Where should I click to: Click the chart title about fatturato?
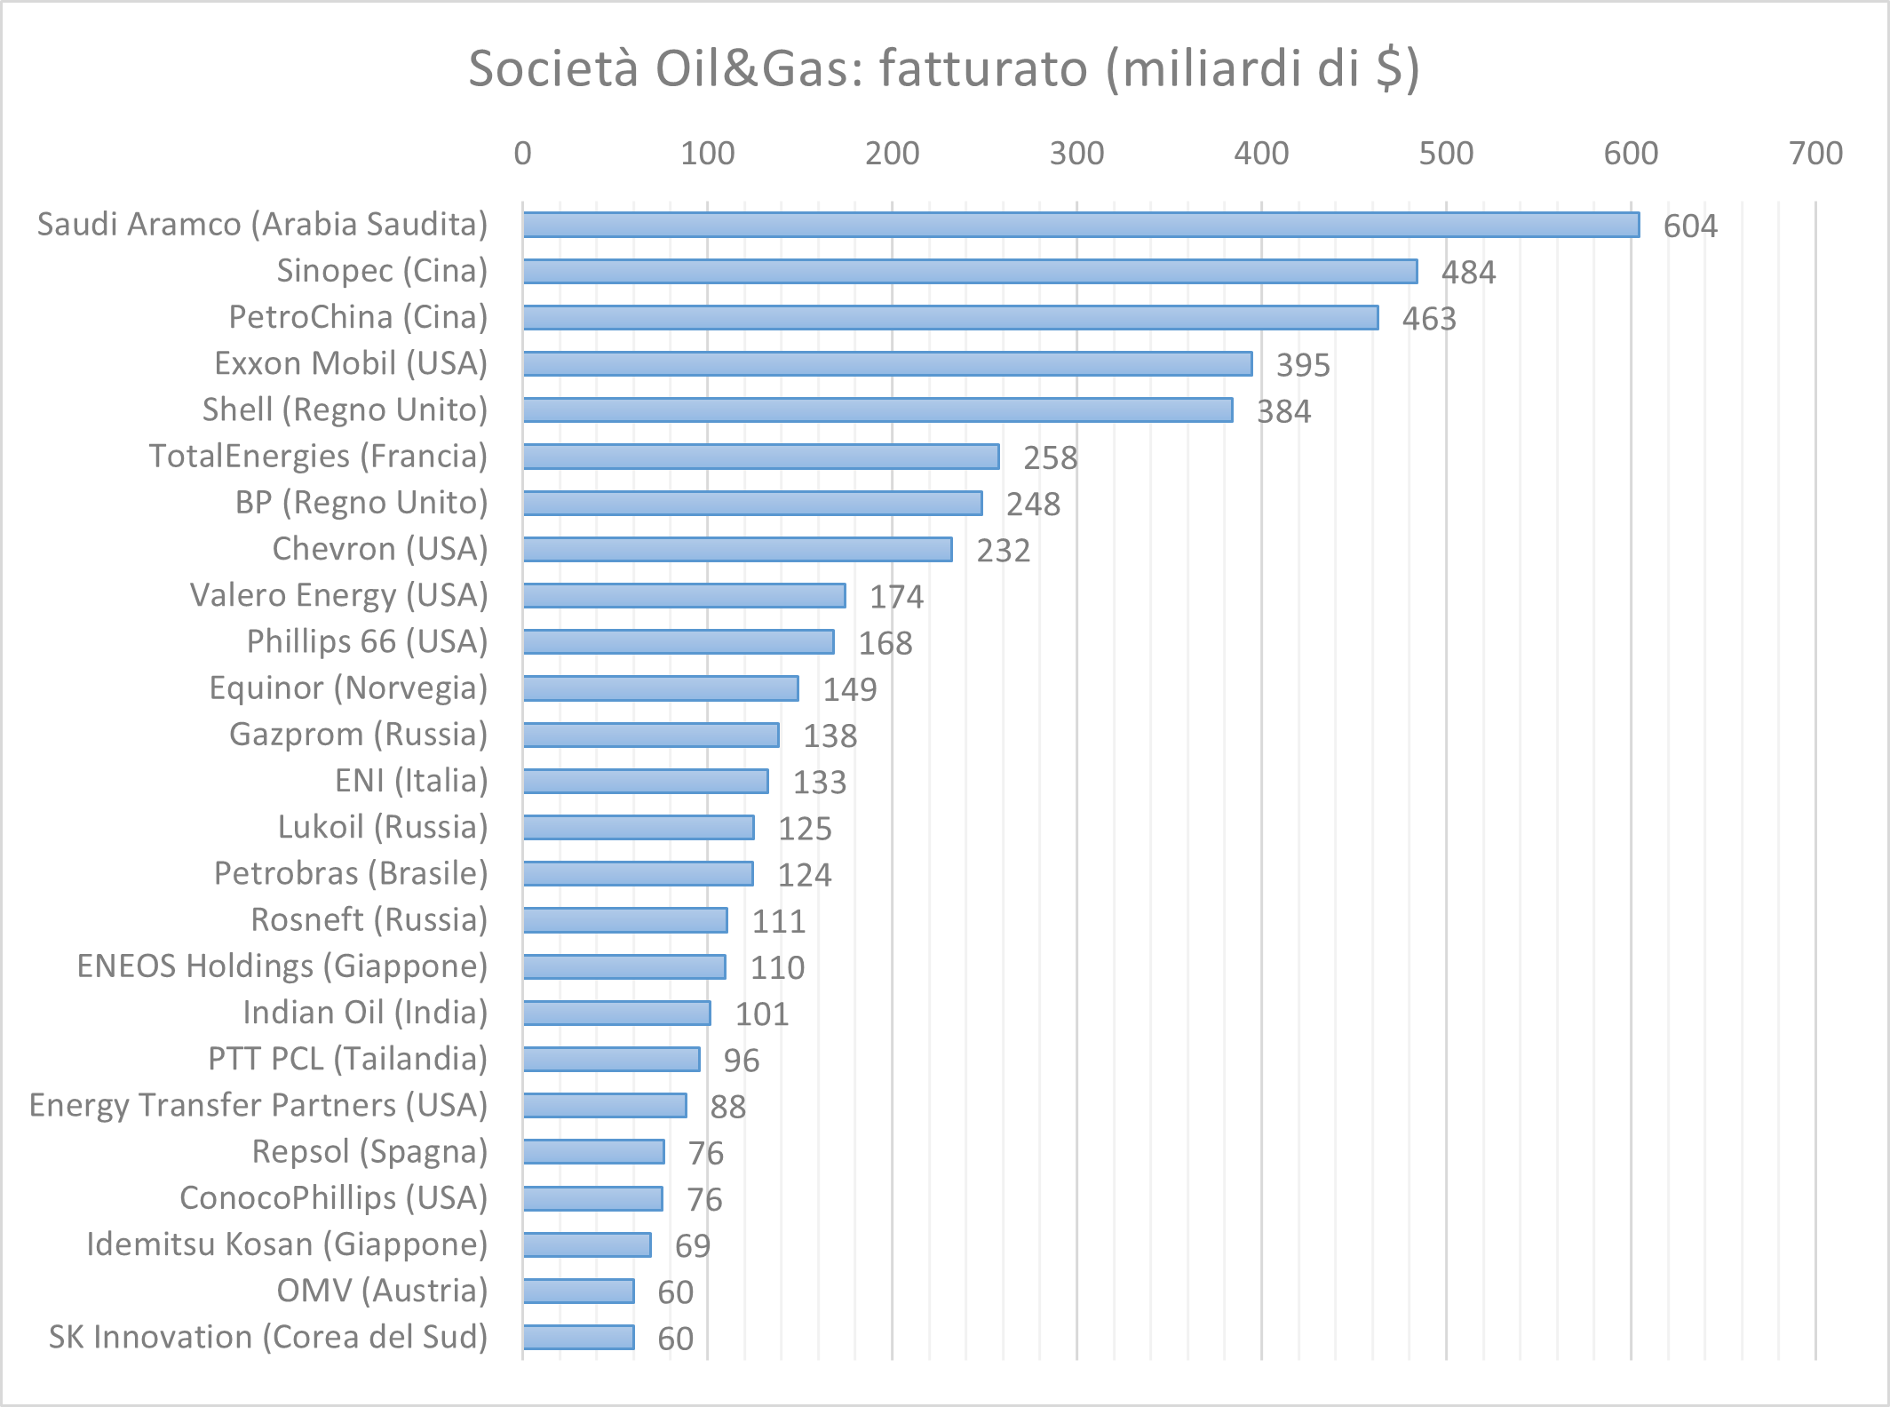(944, 68)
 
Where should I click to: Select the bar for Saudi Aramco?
(1081, 225)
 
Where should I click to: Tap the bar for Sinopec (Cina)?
(970, 271)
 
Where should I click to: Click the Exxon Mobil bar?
(887, 363)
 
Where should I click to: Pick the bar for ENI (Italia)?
(646, 781)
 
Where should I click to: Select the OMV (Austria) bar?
(579, 1291)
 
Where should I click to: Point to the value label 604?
(1690, 227)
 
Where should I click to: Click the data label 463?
(1429, 319)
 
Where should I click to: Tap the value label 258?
(1050, 458)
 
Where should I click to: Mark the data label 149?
(849, 690)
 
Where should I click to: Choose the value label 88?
(727, 1107)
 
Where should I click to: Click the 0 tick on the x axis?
(522, 154)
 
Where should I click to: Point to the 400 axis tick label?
(1261, 154)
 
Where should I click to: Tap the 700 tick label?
(1815, 154)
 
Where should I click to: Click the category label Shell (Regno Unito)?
(345, 409)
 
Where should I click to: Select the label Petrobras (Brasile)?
(351, 873)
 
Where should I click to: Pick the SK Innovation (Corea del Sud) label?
(268, 1337)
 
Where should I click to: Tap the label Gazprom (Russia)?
(359, 735)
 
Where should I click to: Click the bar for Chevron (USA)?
(737, 549)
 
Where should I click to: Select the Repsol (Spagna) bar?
(593, 1152)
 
